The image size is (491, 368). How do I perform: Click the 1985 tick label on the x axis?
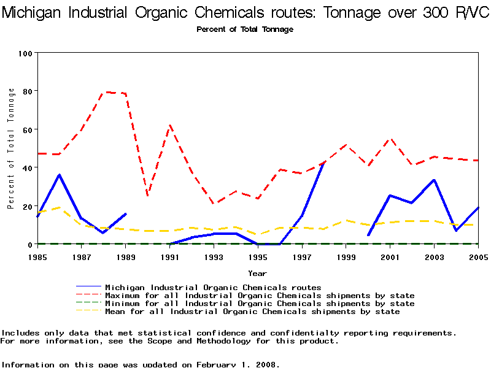point(37,256)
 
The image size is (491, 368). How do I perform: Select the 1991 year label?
point(170,256)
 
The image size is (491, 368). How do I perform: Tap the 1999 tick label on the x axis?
point(347,256)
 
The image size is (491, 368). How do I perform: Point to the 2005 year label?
point(478,256)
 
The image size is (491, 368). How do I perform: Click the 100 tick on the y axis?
point(25,53)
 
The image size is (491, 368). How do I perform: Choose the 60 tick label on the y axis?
point(27,129)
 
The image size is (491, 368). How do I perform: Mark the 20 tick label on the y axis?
point(27,206)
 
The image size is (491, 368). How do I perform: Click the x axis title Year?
point(257,273)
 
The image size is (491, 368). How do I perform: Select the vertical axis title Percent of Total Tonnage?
point(11,148)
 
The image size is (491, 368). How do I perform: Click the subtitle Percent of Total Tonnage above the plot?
point(245,29)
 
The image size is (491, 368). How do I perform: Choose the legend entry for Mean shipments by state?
point(252,312)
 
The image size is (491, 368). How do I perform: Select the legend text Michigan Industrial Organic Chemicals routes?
point(213,287)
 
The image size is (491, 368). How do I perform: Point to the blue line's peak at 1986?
point(59,175)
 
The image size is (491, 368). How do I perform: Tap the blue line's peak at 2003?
point(434,180)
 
